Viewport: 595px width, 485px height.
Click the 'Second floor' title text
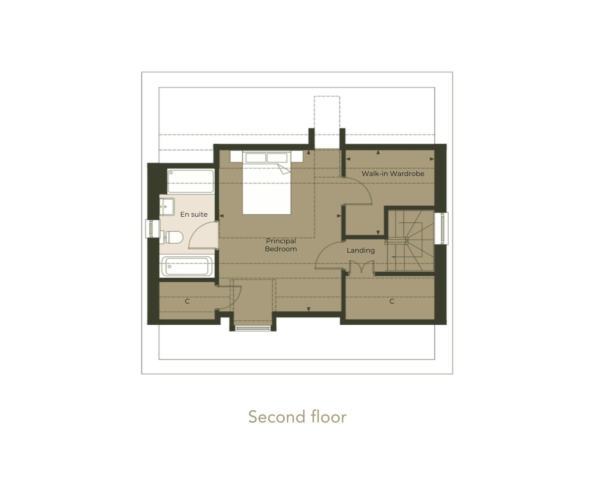tap(297, 417)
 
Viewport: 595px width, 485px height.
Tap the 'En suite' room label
tap(194, 215)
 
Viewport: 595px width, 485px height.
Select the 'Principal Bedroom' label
tap(281, 245)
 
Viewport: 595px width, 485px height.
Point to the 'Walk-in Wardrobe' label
tap(393, 174)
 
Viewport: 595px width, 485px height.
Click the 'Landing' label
tap(360, 250)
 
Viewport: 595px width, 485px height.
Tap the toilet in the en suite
tap(173, 238)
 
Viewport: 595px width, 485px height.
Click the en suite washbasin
tap(167, 207)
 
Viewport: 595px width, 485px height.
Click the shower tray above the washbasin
tap(190, 181)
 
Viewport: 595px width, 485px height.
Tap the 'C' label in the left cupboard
tap(187, 301)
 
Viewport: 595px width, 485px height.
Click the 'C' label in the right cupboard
tap(392, 301)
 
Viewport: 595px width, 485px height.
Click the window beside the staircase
tap(442, 228)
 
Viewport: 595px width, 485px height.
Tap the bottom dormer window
tap(253, 328)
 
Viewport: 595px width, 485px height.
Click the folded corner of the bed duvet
tap(284, 169)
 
